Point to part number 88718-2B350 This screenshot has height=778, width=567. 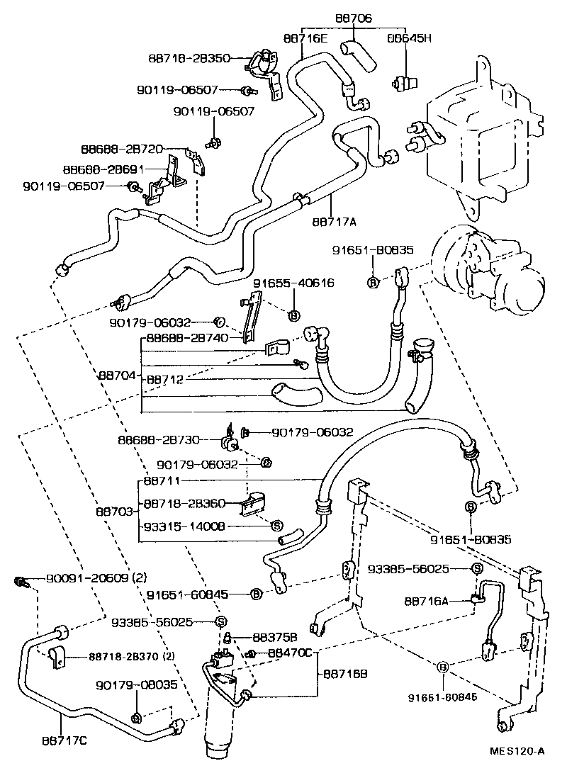tap(189, 58)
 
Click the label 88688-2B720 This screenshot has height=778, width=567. tap(122, 150)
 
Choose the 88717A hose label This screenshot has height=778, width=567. tap(333, 220)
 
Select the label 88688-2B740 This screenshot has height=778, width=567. tap(187, 338)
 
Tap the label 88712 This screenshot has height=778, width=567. tap(165, 380)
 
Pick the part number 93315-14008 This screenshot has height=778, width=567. tap(184, 526)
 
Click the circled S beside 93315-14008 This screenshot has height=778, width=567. tap(277, 526)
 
